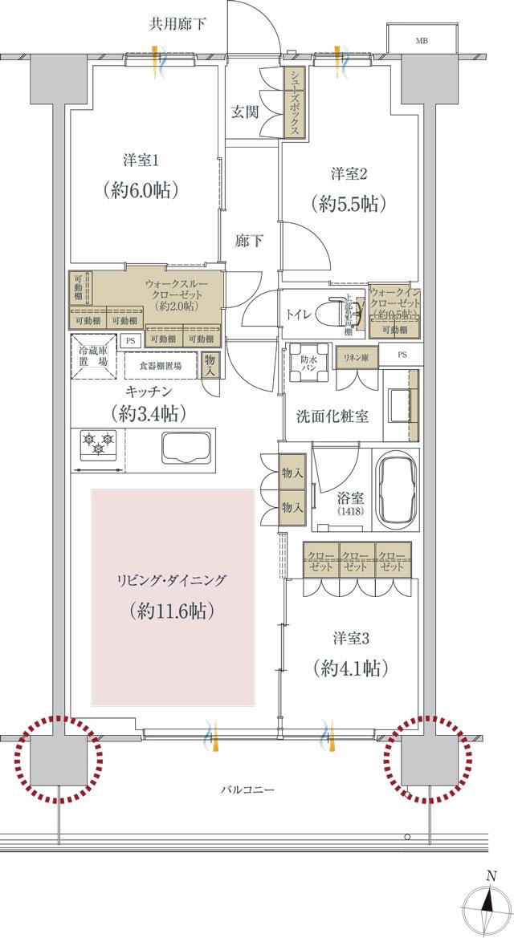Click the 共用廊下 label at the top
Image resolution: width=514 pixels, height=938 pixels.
177,22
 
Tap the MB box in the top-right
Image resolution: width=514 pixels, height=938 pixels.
421,39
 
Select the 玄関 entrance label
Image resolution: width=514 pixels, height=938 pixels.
244,112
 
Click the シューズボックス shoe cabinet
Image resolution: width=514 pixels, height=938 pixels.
295,102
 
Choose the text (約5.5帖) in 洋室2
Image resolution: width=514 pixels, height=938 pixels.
347,204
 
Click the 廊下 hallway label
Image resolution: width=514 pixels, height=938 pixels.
249,240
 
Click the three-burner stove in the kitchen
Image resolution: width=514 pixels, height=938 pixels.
98,444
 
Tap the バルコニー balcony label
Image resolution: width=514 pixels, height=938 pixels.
247,790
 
